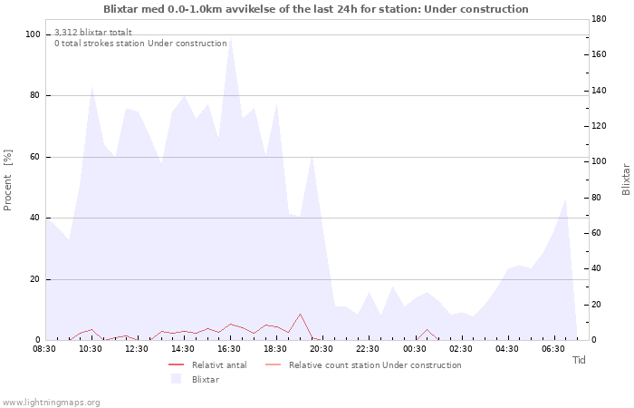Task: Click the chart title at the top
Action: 316,9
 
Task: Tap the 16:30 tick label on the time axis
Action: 229,349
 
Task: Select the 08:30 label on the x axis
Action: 44,349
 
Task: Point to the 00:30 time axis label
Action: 415,349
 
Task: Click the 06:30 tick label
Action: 553,349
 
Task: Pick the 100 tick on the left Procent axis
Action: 33,34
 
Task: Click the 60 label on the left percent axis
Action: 34,157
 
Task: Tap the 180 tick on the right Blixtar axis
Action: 599,19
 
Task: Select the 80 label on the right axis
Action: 596,198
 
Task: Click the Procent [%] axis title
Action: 7,180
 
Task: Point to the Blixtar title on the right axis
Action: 626,180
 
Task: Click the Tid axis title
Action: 579,360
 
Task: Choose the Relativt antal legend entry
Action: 207,365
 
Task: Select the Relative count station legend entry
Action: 363,365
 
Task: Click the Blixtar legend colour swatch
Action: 176,379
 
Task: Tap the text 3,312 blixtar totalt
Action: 93,33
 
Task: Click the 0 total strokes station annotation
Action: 140,44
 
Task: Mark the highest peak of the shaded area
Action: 230,38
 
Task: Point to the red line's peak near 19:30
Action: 300,314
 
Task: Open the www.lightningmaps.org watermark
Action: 51,403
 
